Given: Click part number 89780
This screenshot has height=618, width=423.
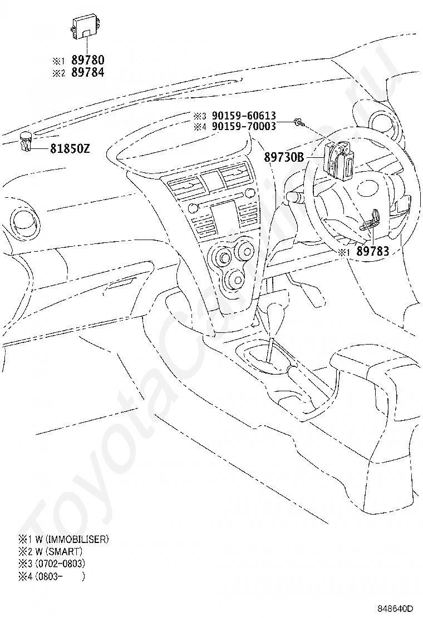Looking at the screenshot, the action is coord(87,60).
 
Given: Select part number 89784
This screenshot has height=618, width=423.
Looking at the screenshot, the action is coord(87,72).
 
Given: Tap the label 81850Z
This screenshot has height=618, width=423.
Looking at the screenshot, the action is coord(70,148).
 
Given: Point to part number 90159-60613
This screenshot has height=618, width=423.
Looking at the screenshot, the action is coord(244,116).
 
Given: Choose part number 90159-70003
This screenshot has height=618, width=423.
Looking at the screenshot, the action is coord(244,126).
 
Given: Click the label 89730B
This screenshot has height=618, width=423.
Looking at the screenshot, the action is coord(284,157).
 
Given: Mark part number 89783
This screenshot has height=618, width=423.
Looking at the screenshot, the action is coord(373,251).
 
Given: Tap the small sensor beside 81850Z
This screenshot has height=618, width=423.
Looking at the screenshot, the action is coord(26,142).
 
